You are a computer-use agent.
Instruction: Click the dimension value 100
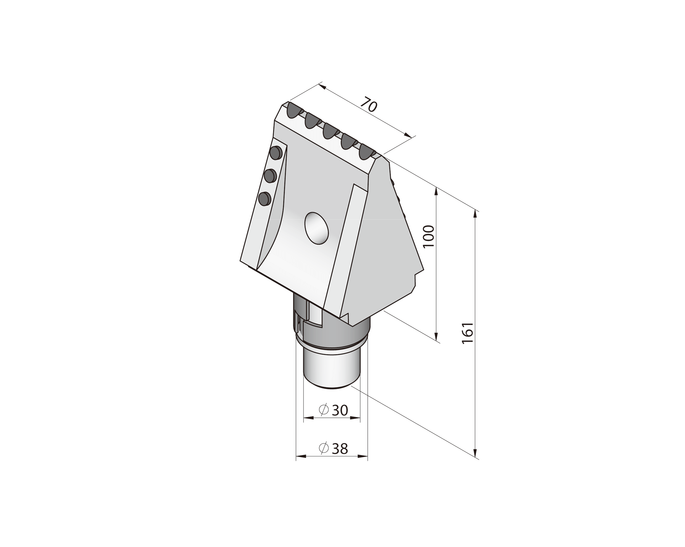pos(429,236)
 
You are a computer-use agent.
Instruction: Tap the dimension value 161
pos(468,333)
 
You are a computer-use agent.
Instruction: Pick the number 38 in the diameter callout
pos(340,449)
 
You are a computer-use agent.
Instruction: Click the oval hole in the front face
pos(316,228)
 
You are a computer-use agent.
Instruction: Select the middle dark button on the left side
pos(270,175)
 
